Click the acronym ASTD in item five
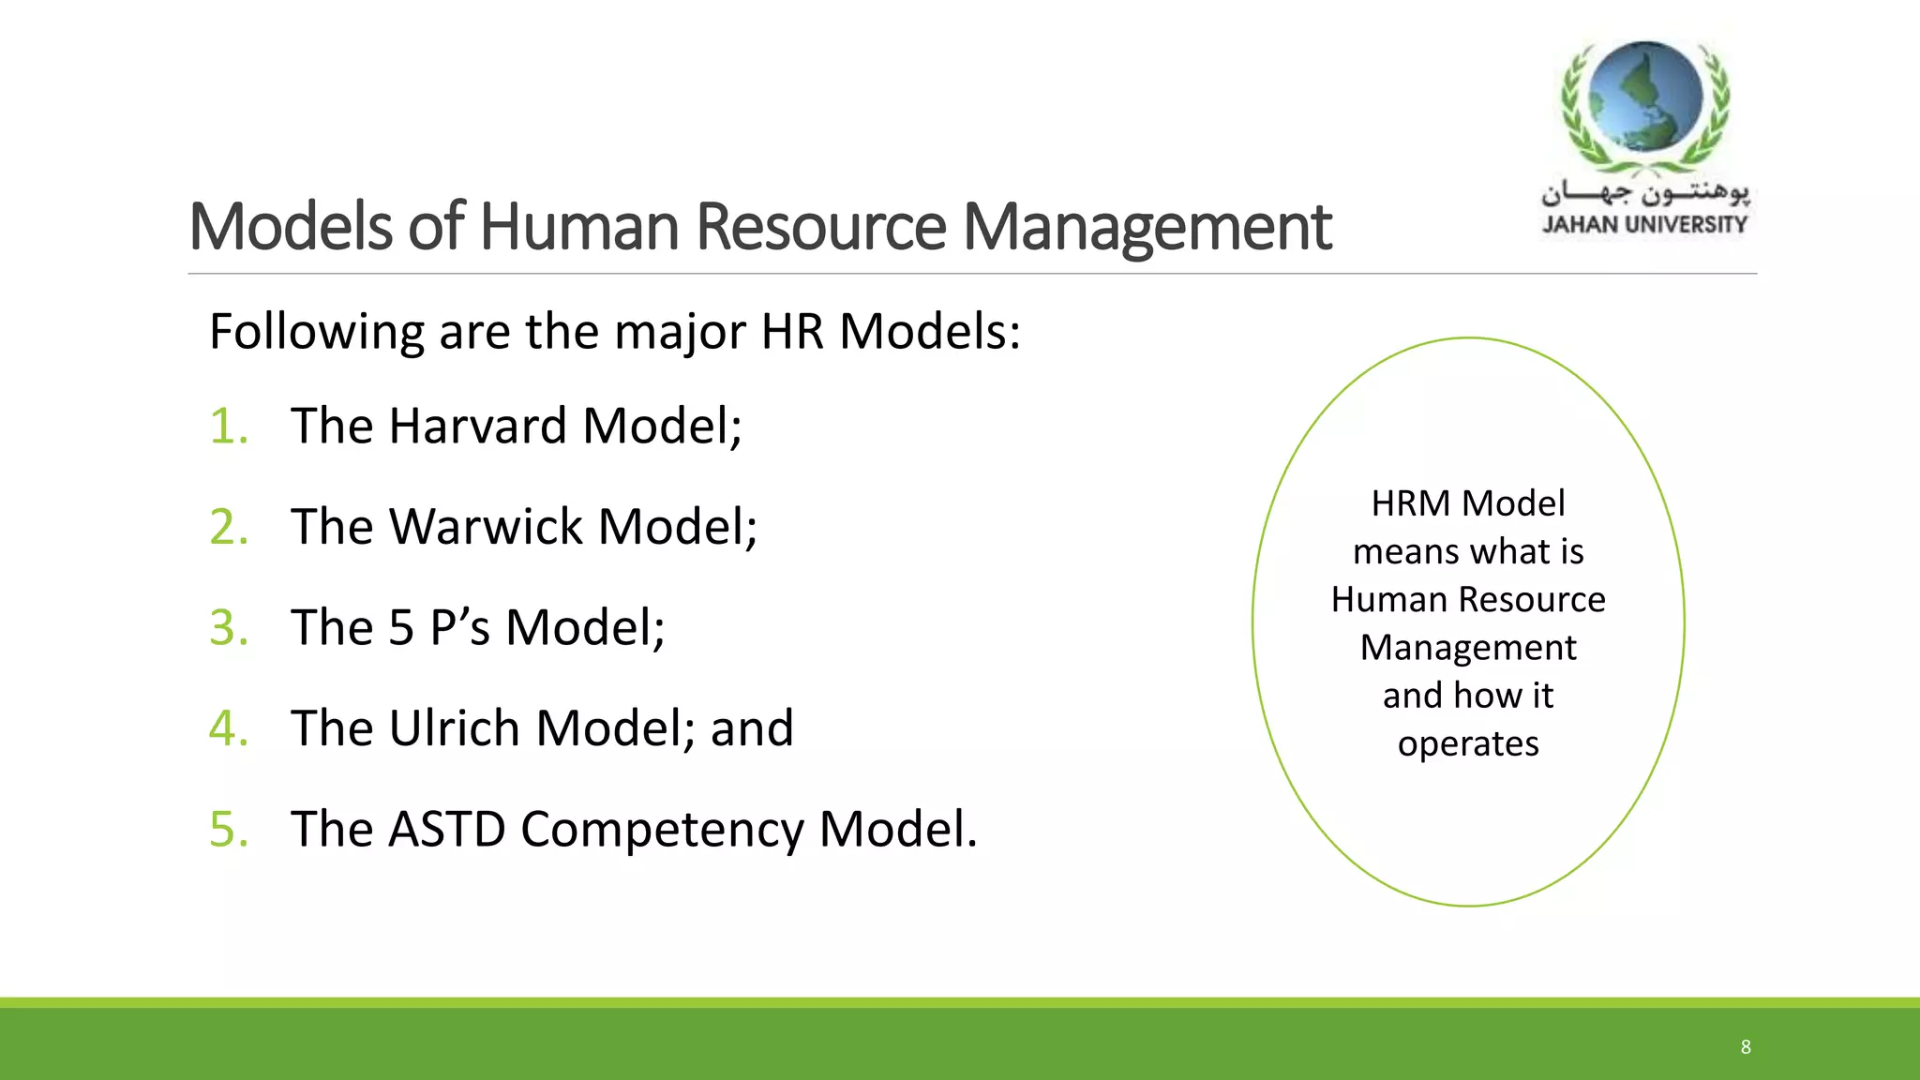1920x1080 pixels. pos(446,830)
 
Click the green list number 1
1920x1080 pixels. pos(228,427)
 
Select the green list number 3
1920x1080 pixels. pos(228,628)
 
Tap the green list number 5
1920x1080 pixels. pos(228,830)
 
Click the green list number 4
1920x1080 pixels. pos(228,728)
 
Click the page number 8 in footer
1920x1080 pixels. pos(1746,1047)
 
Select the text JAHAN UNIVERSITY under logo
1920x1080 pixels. pos(1645,225)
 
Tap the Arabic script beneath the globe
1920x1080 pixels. pos(1645,193)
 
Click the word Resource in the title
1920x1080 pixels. pos(821,227)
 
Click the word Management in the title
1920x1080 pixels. pos(1147,229)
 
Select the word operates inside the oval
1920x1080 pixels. pos(1468,744)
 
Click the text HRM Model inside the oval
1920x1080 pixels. pos(1468,504)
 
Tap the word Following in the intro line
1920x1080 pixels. pos(317,333)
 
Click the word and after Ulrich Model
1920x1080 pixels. pos(752,728)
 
